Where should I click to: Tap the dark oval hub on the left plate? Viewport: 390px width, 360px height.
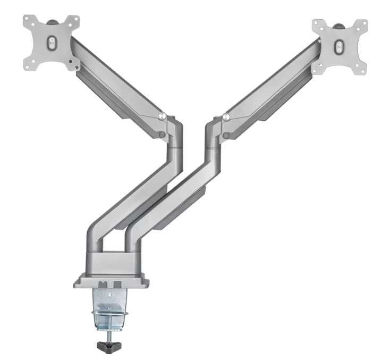(x=51, y=43)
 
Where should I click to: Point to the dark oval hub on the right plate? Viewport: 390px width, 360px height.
(x=338, y=47)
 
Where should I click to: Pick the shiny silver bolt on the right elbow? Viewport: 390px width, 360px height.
(x=226, y=117)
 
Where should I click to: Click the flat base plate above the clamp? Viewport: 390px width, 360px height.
(x=112, y=280)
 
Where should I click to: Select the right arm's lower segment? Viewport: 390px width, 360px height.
(x=175, y=197)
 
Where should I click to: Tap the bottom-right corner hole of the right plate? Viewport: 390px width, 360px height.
(x=364, y=69)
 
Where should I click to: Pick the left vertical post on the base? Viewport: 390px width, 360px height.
(x=95, y=242)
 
